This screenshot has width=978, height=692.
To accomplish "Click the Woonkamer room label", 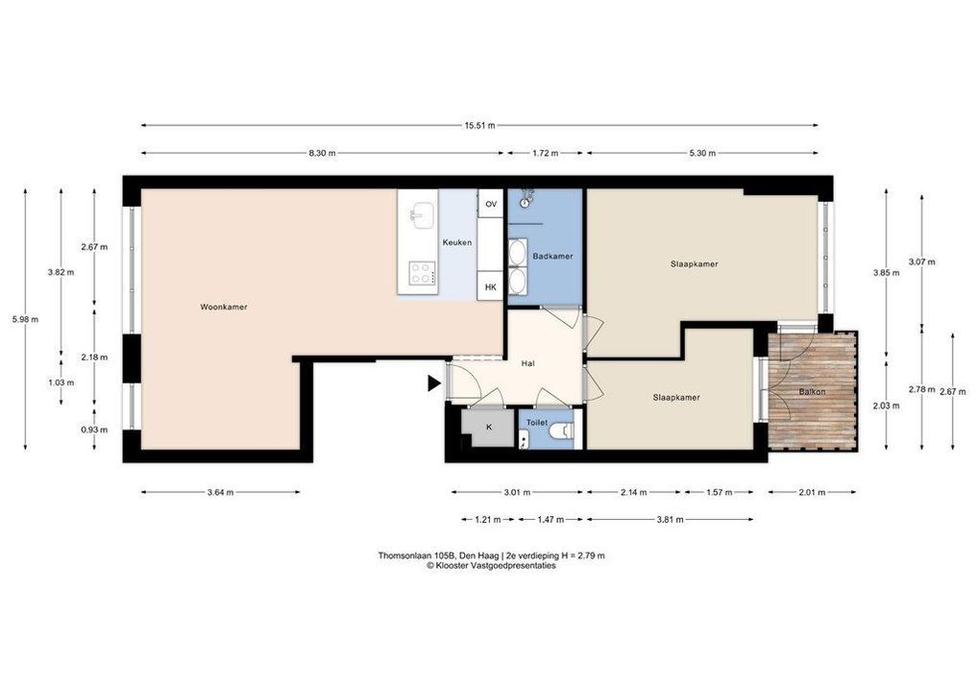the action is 223,307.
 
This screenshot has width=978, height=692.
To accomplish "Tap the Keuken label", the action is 457,243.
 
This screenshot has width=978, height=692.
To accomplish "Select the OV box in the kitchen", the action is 491,204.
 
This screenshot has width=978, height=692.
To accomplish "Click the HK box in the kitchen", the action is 491,287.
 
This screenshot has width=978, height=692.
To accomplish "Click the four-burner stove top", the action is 423,273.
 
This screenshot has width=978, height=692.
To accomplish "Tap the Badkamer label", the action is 552,256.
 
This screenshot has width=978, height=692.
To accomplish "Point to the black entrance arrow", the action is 434,383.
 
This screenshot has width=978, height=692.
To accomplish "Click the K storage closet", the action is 488,428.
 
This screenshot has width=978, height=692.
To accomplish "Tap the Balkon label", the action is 812,392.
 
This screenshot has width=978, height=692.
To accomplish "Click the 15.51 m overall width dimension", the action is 479,125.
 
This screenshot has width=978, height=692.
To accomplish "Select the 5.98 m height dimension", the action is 25,319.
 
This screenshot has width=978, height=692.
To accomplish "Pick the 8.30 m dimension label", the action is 322,153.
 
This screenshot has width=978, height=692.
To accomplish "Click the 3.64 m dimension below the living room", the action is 220,492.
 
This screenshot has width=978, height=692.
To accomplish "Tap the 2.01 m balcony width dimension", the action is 812,492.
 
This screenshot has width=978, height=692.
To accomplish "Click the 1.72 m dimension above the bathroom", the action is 545,153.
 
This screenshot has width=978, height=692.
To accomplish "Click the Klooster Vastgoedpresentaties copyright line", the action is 491,566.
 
